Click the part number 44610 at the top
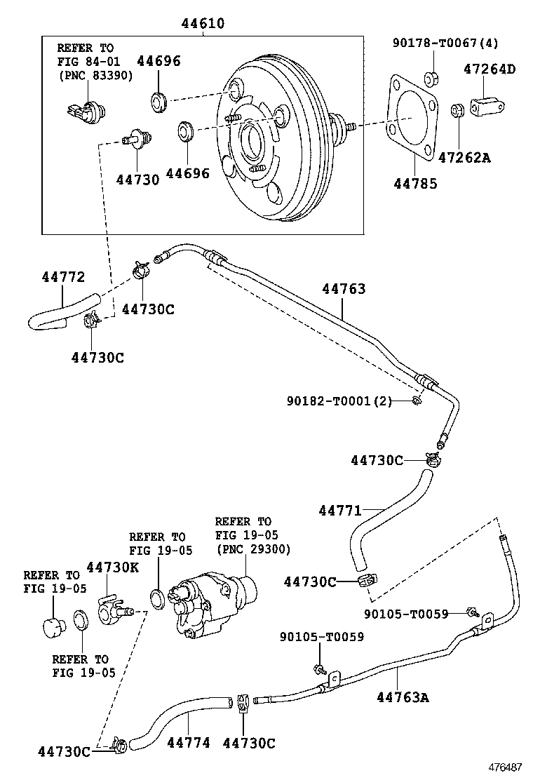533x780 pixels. click(x=203, y=23)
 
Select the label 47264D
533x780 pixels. click(x=490, y=69)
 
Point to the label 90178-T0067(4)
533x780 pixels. click(x=445, y=43)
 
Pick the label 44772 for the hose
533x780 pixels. click(x=63, y=276)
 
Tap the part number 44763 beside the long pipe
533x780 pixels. click(x=344, y=288)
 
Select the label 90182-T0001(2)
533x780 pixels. click(x=339, y=401)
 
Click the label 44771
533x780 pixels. click(x=340, y=511)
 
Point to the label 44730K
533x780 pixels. click(x=113, y=567)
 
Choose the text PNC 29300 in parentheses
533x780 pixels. click(x=253, y=549)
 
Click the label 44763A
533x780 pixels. click(x=403, y=697)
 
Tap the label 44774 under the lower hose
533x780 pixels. click(x=189, y=743)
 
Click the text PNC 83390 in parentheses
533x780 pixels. click(x=95, y=76)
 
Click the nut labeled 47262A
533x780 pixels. click(x=457, y=110)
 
